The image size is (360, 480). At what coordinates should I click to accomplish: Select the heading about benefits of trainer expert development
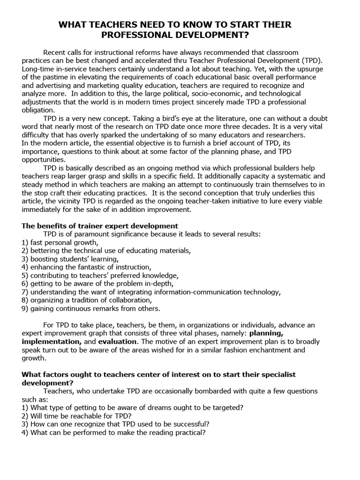(x=100, y=225)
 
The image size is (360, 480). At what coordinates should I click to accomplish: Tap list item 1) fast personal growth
(x=60, y=242)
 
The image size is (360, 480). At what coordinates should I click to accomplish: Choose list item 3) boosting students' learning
(x=70, y=259)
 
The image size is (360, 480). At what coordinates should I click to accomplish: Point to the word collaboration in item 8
(x=129, y=300)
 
